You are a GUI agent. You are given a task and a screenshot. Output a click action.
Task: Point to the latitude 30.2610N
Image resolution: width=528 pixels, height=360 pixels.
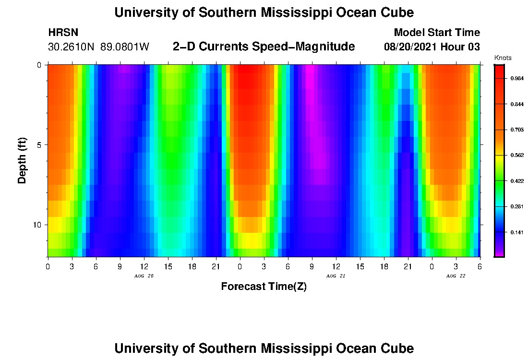(72, 47)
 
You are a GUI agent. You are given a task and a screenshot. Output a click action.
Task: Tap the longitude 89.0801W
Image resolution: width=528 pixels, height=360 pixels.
(125, 47)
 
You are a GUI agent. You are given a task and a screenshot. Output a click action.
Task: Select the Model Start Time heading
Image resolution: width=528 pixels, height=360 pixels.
(437, 33)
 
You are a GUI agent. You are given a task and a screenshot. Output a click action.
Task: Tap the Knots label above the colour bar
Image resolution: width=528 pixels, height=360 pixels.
(503, 58)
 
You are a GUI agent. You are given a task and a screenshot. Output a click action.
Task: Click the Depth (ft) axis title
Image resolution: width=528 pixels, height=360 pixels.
(22, 160)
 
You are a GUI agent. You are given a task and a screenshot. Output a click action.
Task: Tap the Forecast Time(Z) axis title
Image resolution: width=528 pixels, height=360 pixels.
(264, 287)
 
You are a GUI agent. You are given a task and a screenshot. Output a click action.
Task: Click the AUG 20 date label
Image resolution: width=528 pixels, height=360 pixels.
(144, 276)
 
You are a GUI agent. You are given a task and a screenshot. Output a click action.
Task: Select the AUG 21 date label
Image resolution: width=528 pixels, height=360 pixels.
(336, 276)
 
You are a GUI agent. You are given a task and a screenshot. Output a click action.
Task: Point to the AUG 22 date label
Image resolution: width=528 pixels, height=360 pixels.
(456, 276)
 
